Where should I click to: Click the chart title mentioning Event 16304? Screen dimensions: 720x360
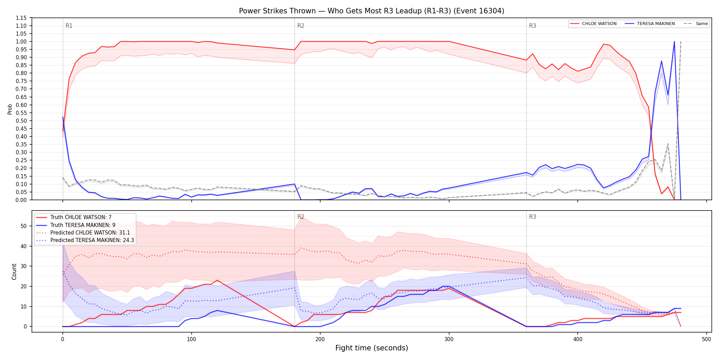(x=372, y=11)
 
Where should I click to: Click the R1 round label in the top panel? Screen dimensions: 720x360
(x=69, y=26)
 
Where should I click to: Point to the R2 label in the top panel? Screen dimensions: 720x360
(x=301, y=26)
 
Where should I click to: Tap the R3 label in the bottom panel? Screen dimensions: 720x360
(x=532, y=217)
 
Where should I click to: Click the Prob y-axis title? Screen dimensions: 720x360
(x=10, y=109)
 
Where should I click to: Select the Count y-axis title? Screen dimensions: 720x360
(x=14, y=272)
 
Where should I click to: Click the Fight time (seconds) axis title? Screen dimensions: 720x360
(x=372, y=348)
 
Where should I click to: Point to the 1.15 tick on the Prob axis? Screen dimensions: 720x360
(x=21, y=18)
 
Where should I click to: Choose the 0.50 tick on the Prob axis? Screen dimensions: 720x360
(x=21, y=121)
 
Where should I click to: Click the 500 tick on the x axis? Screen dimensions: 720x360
(x=706, y=339)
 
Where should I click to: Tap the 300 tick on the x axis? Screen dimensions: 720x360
(x=449, y=339)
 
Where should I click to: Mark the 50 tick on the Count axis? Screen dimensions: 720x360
(x=24, y=226)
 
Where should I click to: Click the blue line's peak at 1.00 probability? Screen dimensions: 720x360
(x=674, y=41)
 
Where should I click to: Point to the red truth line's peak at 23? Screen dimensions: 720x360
(x=217, y=280)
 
